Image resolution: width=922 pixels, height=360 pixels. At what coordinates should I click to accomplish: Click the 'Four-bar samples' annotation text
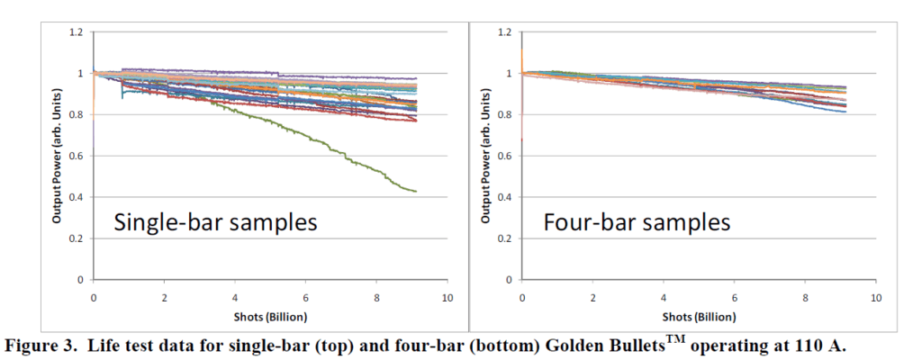tap(637, 221)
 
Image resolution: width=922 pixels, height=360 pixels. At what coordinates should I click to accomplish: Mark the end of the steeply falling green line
tap(415, 191)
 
